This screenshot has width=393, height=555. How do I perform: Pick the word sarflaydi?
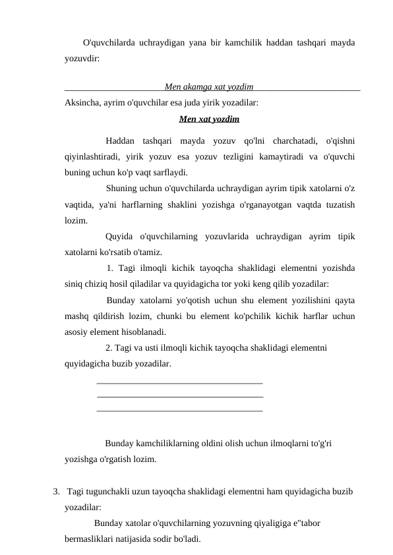click(169, 173)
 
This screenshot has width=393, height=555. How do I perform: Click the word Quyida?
click(119, 236)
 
